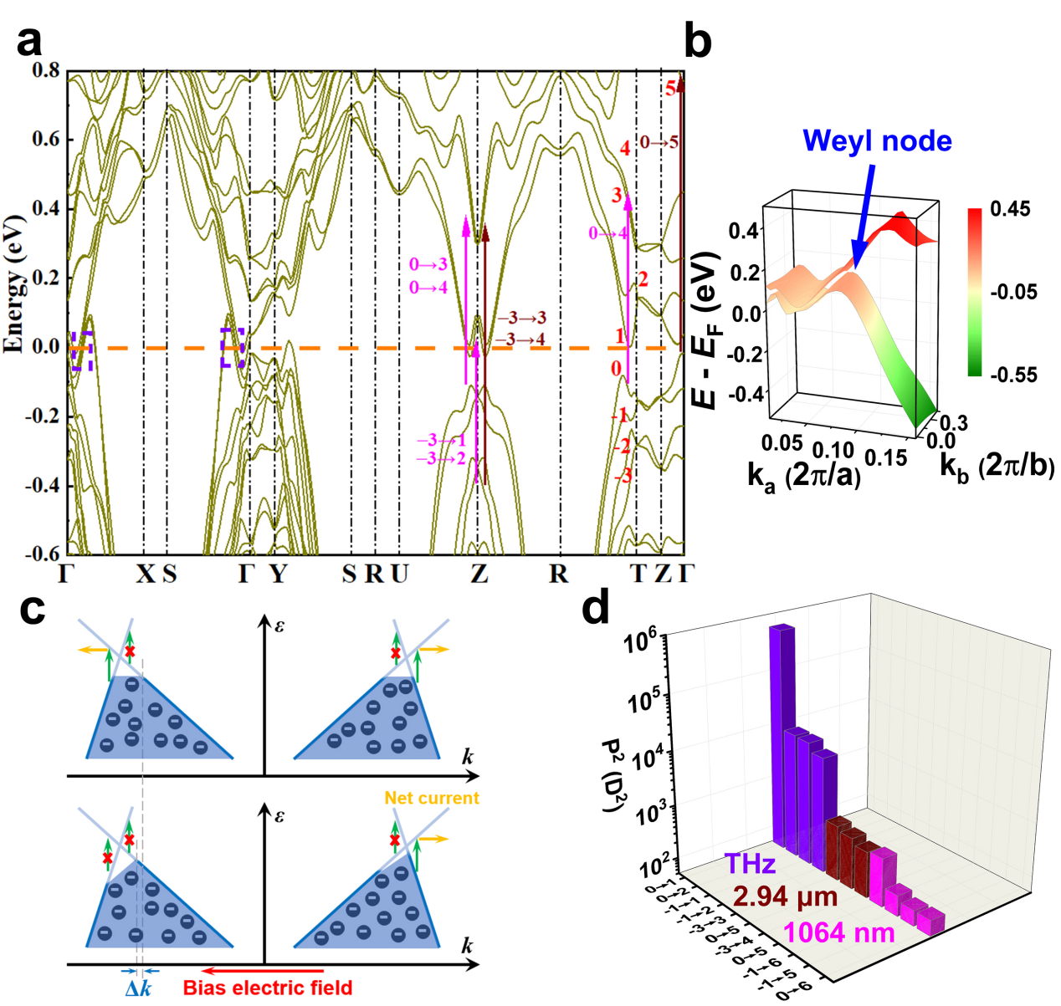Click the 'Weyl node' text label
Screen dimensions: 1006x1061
[877, 140]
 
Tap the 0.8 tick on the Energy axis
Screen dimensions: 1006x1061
[46, 70]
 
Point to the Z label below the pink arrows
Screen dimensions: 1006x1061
[479, 574]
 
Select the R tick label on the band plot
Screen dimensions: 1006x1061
[558, 574]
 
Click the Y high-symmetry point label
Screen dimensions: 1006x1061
[278, 574]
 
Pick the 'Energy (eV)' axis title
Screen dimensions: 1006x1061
[14, 284]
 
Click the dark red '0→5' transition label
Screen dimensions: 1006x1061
[659, 143]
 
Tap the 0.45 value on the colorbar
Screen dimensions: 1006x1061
[1010, 209]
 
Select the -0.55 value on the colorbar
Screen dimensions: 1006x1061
[1013, 375]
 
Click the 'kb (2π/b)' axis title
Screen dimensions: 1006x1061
[997, 466]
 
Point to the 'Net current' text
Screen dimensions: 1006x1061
[432, 799]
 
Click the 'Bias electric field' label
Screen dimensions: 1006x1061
[268, 988]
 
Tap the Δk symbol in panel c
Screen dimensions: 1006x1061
[139, 988]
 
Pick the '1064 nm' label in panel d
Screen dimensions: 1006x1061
[838, 932]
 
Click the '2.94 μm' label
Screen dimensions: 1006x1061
[786, 897]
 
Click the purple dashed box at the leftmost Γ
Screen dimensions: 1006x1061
[81, 350]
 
